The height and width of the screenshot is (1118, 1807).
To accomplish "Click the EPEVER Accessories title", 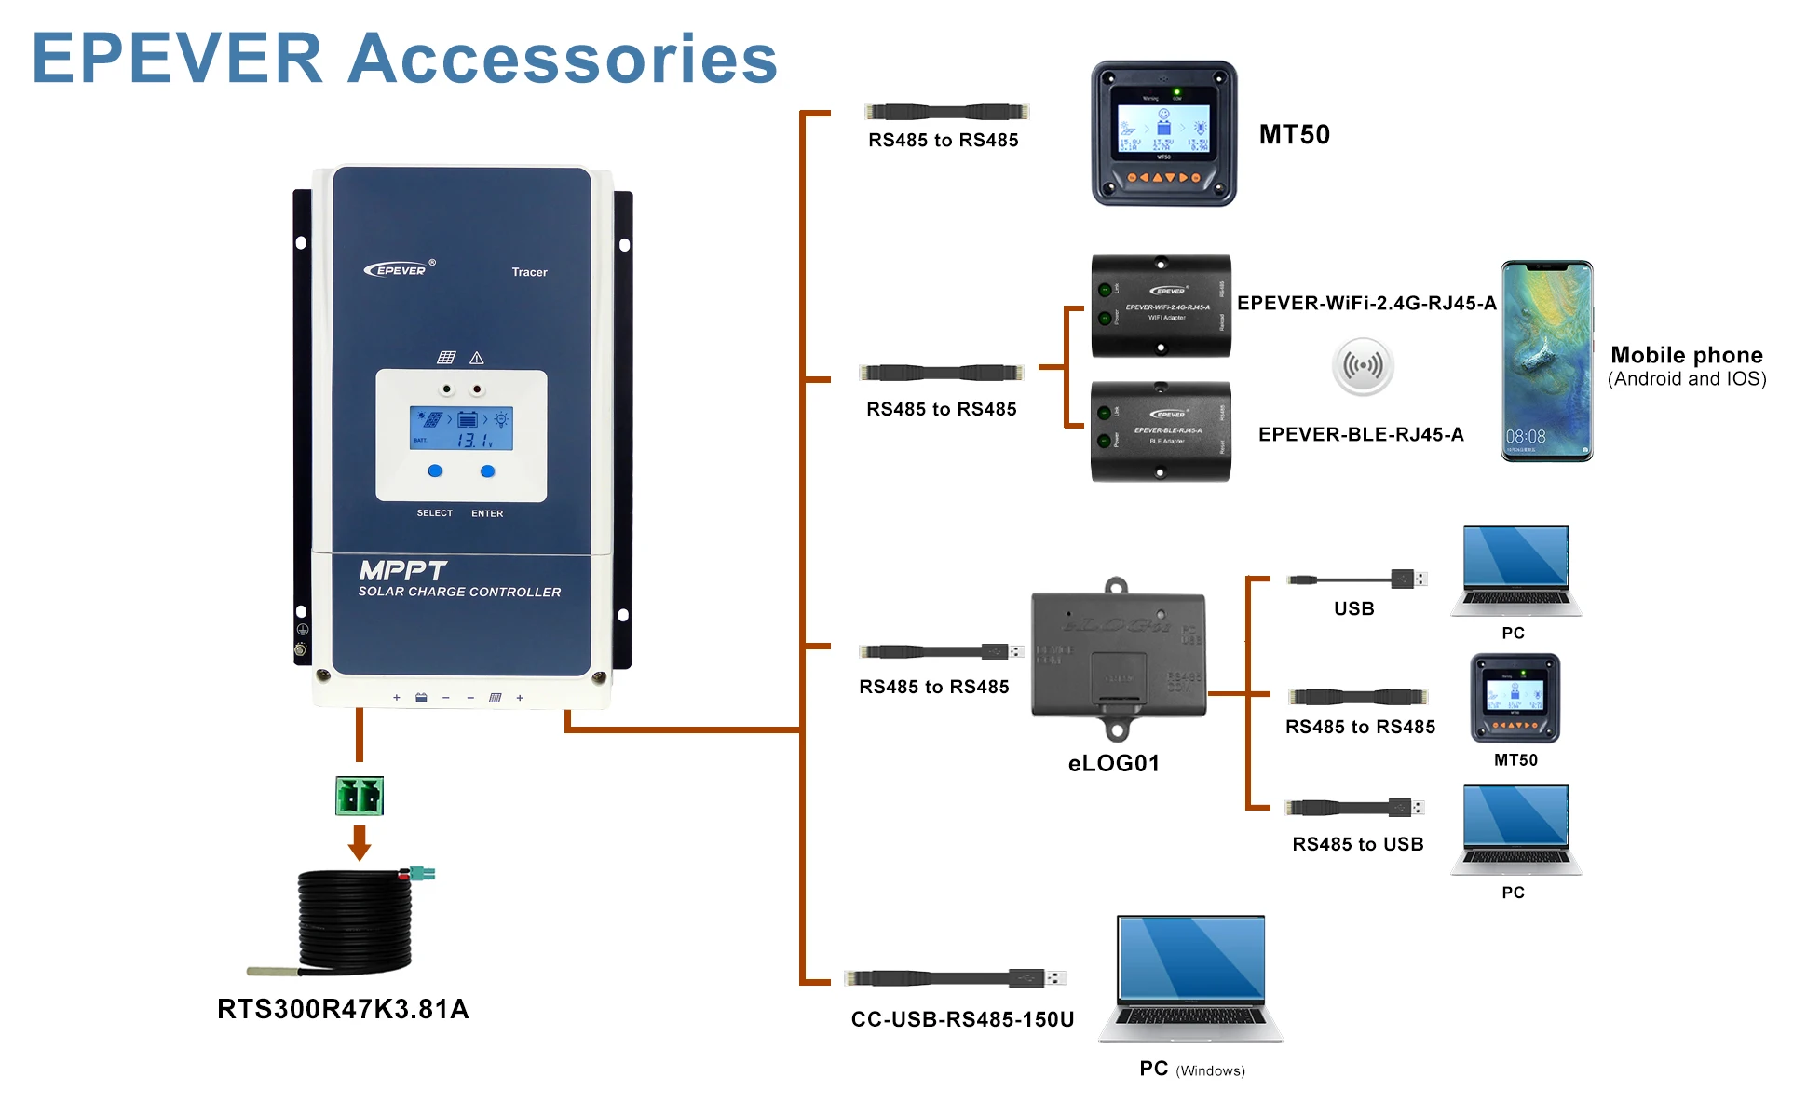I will [x=404, y=58].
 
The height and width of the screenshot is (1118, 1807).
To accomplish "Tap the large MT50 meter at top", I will [x=1163, y=133].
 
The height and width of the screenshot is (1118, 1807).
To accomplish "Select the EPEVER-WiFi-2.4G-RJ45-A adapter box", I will [x=1161, y=306].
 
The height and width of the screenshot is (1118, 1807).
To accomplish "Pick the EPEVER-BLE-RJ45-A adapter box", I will [x=1161, y=431].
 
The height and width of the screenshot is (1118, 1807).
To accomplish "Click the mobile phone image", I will [x=1546, y=361].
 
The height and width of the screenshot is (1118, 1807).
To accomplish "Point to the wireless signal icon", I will [x=1363, y=365].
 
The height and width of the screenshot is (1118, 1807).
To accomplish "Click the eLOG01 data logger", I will [x=1118, y=657].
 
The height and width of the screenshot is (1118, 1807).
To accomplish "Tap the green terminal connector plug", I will [x=360, y=797].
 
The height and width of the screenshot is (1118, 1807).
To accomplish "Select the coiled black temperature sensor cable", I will [x=354, y=922].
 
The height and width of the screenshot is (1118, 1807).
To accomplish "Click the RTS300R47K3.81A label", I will [x=343, y=1009].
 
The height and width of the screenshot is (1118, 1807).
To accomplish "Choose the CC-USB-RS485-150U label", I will [x=962, y=1019].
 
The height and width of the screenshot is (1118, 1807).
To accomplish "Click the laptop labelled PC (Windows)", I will [x=1191, y=978].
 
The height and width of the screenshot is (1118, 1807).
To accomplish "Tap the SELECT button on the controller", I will [x=435, y=471].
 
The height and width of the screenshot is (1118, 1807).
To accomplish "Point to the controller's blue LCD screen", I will [x=461, y=429].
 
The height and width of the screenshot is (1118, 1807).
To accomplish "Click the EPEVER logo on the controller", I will [x=396, y=270].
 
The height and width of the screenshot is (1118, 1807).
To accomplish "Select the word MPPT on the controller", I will [x=402, y=570].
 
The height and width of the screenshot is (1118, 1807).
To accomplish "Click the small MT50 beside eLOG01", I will [x=1515, y=698].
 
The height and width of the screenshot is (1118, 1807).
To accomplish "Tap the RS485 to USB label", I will [x=1357, y=844].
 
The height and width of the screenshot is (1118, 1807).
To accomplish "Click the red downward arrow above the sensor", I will [x=360, y=841].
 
